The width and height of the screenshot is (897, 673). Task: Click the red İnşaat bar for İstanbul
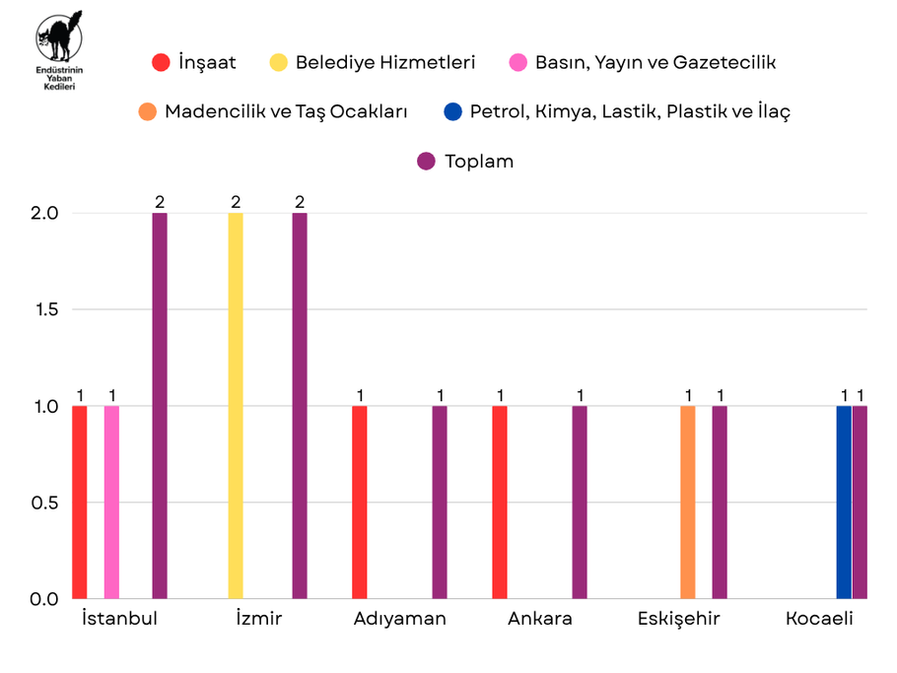(80, 502)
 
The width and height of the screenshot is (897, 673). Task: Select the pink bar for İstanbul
(111, 502)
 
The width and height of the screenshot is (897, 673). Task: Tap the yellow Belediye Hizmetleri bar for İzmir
(236, 405)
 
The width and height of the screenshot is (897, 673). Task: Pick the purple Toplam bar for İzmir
(300, 405)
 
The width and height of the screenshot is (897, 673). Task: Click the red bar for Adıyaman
(360, 502)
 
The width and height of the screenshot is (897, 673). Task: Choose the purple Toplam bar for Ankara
(580, 502)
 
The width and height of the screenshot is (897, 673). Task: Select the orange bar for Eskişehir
(688, 502)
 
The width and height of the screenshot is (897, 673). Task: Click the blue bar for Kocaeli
(844, 502)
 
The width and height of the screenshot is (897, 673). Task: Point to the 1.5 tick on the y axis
(45, 309)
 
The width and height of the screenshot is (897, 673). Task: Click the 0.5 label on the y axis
(45, 503)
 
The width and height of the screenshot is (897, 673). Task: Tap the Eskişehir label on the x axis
(678, 620)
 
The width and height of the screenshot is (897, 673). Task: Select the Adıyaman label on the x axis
(399, 620)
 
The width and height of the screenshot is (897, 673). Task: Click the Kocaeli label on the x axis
(819, 620)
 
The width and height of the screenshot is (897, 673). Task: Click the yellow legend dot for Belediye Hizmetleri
(279, 63)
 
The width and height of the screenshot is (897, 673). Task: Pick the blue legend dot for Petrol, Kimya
(452, 111)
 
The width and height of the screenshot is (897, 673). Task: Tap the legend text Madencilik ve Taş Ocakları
(286, 111)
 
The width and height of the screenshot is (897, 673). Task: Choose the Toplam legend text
(479, 162)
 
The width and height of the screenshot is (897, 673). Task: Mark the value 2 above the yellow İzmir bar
(236, 202)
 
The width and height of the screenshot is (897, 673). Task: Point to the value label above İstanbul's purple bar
(160, 202)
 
